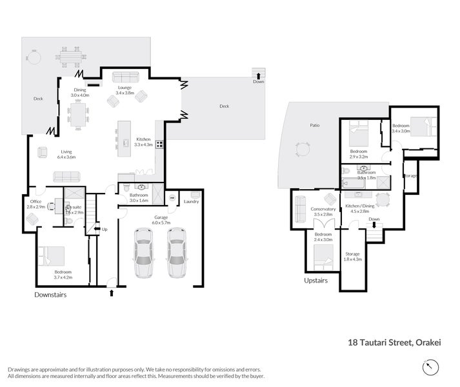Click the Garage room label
point(160,217)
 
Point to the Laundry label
point(191,202)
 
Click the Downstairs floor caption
point(50,295)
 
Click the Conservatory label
point(323,209)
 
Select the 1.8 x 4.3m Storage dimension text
point(353,259)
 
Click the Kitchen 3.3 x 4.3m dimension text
point(143,145)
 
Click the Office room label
point(35,201)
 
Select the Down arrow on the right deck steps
point(259,76)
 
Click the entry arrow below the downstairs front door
point(112,293)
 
